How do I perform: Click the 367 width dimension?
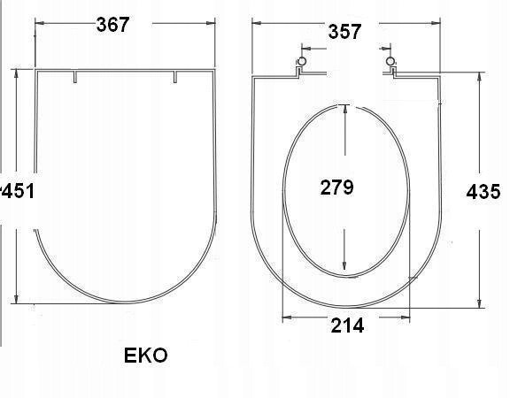(x=112, y=25)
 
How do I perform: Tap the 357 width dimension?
(x=344, y=32)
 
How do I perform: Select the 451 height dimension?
(x=17, y=191)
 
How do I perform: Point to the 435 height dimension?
(x=483, y=191)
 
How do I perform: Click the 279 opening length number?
(x=337, y=188)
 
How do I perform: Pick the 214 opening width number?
(x=347, y=325)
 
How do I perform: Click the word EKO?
(x=146, y=356)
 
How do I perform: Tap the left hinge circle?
(x=302, y=61)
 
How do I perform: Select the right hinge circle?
(x=390, y=61)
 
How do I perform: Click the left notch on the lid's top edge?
(x=75, y=77)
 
